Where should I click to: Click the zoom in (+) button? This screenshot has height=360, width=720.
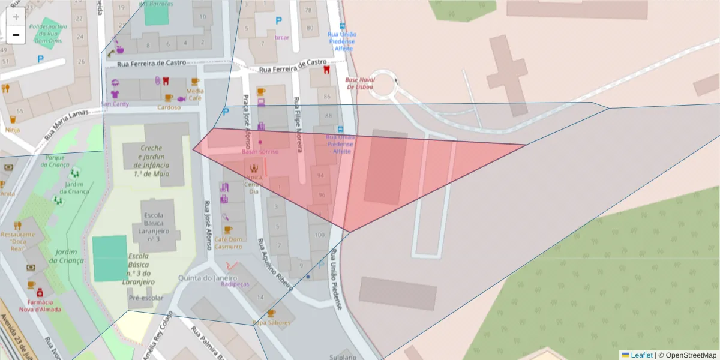(16, 17)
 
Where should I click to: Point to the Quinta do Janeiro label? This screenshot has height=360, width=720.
(208, 278)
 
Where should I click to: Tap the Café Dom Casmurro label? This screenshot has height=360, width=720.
(229, 242)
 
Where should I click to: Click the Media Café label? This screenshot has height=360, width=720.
(196, 94)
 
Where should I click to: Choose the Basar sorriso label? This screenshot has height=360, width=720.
(260, 152)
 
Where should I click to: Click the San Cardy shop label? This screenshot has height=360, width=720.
(115, 103)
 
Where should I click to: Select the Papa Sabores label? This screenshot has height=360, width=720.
(271, 322)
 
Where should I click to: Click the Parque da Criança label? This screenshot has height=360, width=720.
(56, 161)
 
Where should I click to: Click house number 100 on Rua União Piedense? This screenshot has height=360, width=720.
(319, 235)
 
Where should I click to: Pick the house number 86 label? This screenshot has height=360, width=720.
(328, 96)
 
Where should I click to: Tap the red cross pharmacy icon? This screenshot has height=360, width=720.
(40, 293)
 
